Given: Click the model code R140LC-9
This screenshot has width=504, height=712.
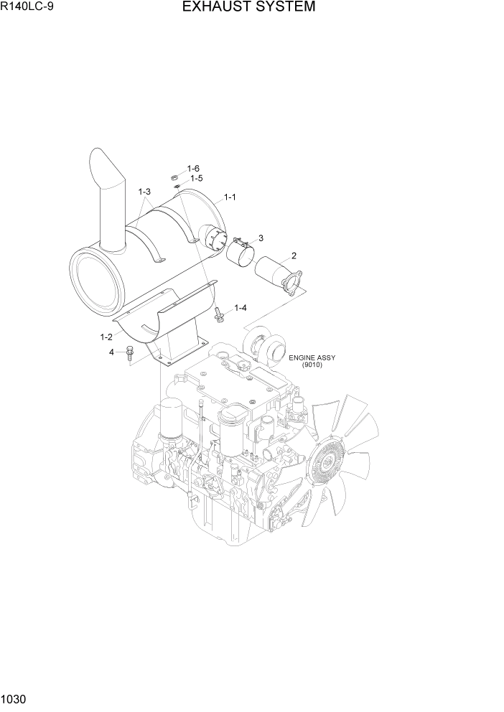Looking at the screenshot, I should [27, 8].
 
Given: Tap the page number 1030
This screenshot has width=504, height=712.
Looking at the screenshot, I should [14, 699].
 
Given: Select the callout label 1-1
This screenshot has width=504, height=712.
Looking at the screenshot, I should [230, 197].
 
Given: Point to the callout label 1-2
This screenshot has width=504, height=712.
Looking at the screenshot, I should [106, 336].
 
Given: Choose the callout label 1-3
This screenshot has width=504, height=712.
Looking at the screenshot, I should [144, 192].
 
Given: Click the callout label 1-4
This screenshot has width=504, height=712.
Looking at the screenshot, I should [240, 308].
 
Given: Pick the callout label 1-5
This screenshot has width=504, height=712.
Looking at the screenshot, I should [195, 178].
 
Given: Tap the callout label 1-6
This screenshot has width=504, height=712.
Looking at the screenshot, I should [193, 168].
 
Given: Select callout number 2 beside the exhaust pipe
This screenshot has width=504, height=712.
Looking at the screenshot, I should [294, 256].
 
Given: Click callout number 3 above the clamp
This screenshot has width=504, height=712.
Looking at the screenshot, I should [261, 238].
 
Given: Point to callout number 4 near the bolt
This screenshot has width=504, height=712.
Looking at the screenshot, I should [111, 352].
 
